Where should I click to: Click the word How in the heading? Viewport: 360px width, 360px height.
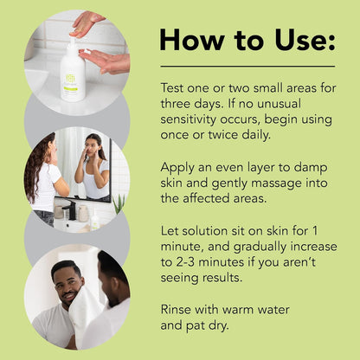[x=190, y=40]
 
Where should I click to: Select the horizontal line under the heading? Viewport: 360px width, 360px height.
[x=247, y=67]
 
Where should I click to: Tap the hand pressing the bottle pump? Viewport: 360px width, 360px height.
[x=87, y=22]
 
